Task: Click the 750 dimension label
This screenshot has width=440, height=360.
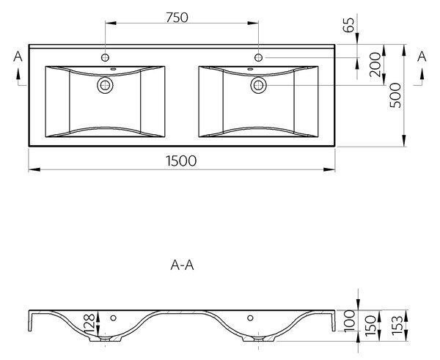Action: click(x=177, y=18)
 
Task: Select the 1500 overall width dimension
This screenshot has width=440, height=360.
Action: click(x=181, y=161)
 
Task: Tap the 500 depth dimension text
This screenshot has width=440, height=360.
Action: click(x=396, y=95)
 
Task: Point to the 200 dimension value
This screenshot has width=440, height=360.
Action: click(x=375, y=65)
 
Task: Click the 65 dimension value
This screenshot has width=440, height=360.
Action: click(x=349, y=25)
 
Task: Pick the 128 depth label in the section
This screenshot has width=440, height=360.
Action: click(x=89, y=323)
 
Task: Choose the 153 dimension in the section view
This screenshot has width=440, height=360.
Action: click(x=397, y=325)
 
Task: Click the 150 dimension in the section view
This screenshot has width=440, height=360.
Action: click(x=370, y=325)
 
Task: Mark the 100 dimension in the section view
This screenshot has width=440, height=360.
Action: click(x=350, y=320)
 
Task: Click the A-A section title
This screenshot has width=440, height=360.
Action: click(x=182, y=265)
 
